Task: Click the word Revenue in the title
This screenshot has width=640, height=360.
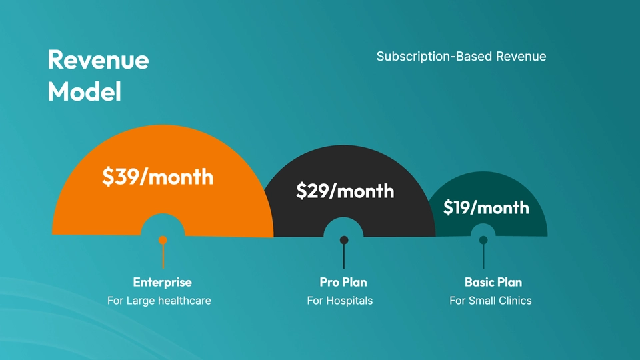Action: [x=99, y=60]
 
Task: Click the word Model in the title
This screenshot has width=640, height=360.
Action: [x=85, y=91]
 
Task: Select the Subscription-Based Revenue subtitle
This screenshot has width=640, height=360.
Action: [x=461, y=56]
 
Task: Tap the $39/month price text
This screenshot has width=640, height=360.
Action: [x=157, y=177]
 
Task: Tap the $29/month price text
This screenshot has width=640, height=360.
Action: [x=345, y=191]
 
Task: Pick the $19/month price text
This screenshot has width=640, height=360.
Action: [x=486, y=207]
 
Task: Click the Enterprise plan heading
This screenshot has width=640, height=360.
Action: [x=163, y=282]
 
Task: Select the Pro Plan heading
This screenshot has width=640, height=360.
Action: [x=343, y=282]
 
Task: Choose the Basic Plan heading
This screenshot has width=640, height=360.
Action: [x=493, y=282]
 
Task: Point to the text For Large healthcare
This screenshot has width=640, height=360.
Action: [x=159, y=301]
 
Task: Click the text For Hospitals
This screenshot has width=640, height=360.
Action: [x=340, y=301]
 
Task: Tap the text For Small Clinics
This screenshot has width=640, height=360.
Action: [x=491, y=301]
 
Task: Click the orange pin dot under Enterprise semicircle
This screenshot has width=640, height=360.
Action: [x=163, y=240]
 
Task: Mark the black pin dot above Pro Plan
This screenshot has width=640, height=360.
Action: [x=344, y=240]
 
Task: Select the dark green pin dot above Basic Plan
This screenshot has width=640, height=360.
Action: [x=483, y=240]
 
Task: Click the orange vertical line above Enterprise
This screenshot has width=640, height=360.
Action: [x=163, y=256]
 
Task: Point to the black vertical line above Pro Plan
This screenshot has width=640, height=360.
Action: [x=344, y=256]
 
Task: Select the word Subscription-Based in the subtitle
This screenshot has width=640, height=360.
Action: [x=434, y=56]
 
